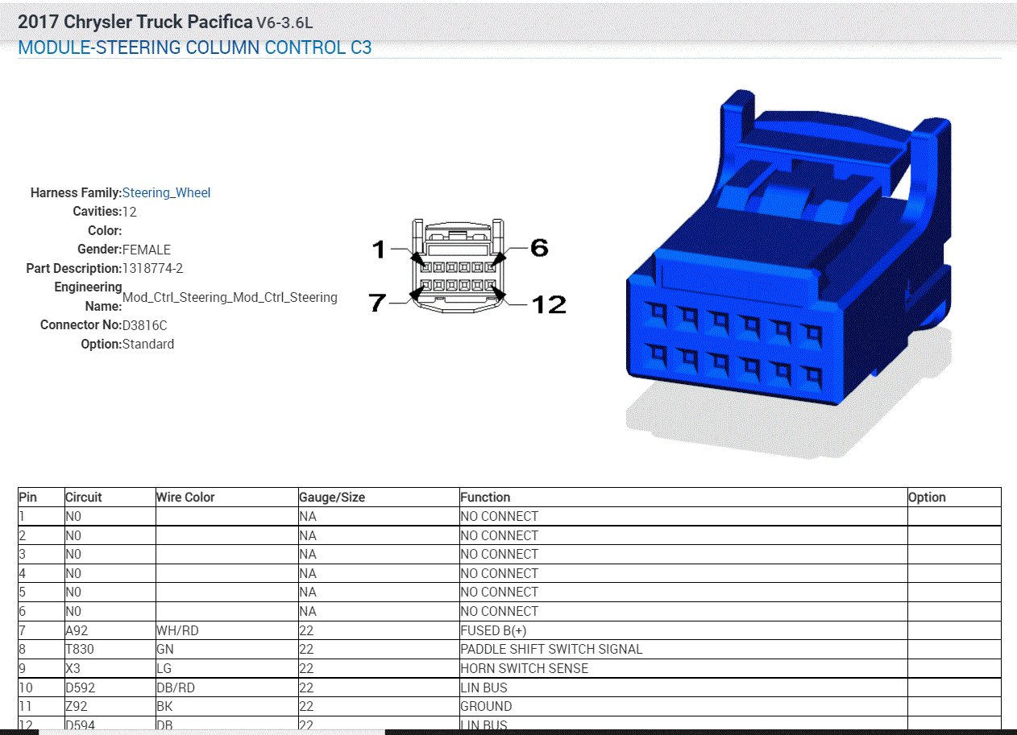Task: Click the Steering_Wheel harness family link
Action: point(166,192)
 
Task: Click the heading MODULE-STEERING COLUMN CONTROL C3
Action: point(194,47)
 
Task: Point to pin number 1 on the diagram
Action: point(379,250)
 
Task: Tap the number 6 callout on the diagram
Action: point(538,248)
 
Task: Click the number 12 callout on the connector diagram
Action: point(548,304)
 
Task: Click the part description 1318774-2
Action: point(152,268)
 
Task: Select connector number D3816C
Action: point(144,325)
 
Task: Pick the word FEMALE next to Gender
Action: point(146,250)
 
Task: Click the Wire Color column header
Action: point(185,497)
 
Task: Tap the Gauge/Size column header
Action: point(331,497)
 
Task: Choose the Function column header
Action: point(485,497)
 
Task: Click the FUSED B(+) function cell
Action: point(493,630)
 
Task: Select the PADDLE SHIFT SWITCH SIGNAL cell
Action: point(551,649)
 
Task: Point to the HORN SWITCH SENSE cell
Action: point(524,668)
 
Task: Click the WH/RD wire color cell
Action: point(176,630)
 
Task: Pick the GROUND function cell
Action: point(486,706)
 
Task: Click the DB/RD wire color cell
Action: point(175,688)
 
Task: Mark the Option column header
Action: point(927,497)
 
